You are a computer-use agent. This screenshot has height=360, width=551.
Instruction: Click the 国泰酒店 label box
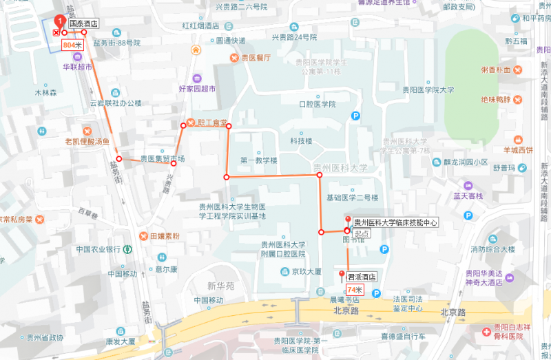coord(82,23)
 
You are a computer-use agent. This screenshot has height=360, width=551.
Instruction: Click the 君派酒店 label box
coord(362,277)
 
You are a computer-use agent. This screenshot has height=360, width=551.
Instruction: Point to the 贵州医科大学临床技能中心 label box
coord(395,222)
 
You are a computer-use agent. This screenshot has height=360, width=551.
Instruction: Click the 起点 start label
coord(362,233)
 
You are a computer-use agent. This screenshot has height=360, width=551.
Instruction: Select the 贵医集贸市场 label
coord(163,158)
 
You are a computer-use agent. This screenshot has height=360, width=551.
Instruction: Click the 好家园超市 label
coord(197,89)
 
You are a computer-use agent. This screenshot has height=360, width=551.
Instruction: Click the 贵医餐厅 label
coord(256,58)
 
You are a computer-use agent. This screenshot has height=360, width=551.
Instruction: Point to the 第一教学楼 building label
coord(258,160)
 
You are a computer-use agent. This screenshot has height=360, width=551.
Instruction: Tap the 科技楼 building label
coord(301,141)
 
